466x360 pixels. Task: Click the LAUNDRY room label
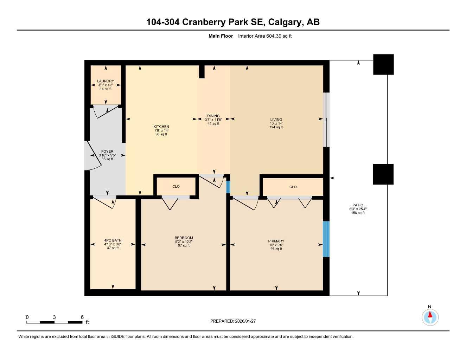(x=106, y=81)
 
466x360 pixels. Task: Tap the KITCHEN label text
(x=161, y=127)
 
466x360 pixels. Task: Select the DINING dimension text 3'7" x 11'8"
(x=213, y=120)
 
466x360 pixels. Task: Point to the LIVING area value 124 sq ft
(x=276, y=127)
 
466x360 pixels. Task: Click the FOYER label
(x=107, y=152)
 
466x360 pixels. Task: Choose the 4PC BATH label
(x=113, y=240)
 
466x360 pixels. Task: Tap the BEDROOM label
(x=184, y=238)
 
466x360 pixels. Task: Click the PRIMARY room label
(x=276, y=241)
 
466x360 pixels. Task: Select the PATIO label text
(x=358, y=205)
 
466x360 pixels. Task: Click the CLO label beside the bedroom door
(x=176, y=187)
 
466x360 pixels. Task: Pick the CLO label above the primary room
(x=293, y=187)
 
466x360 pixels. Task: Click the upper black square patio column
(x=383, y=64)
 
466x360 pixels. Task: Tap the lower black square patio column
(x=383, y=174)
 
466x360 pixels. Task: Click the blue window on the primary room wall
(x=326, y=239)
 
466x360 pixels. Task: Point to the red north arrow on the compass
(x=430, y=314)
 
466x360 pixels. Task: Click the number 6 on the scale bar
(x=82, y=317)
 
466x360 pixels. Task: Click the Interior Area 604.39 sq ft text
(x=264, y=36)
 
